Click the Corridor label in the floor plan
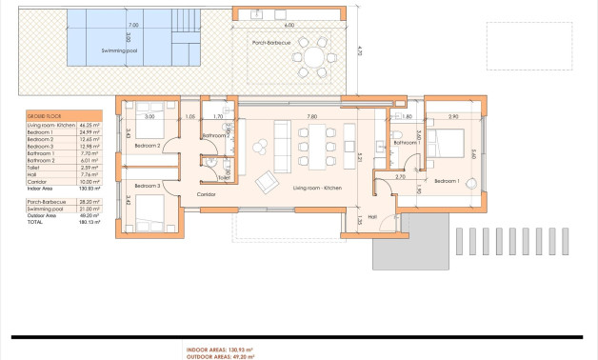[206, 193]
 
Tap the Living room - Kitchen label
[317, 188]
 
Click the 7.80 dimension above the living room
[311, 116]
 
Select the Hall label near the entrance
[372, 216]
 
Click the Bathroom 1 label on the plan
[405, 143]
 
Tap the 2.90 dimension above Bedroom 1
[453, 116]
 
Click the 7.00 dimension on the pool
[133, 25]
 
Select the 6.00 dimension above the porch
[289, 25]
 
